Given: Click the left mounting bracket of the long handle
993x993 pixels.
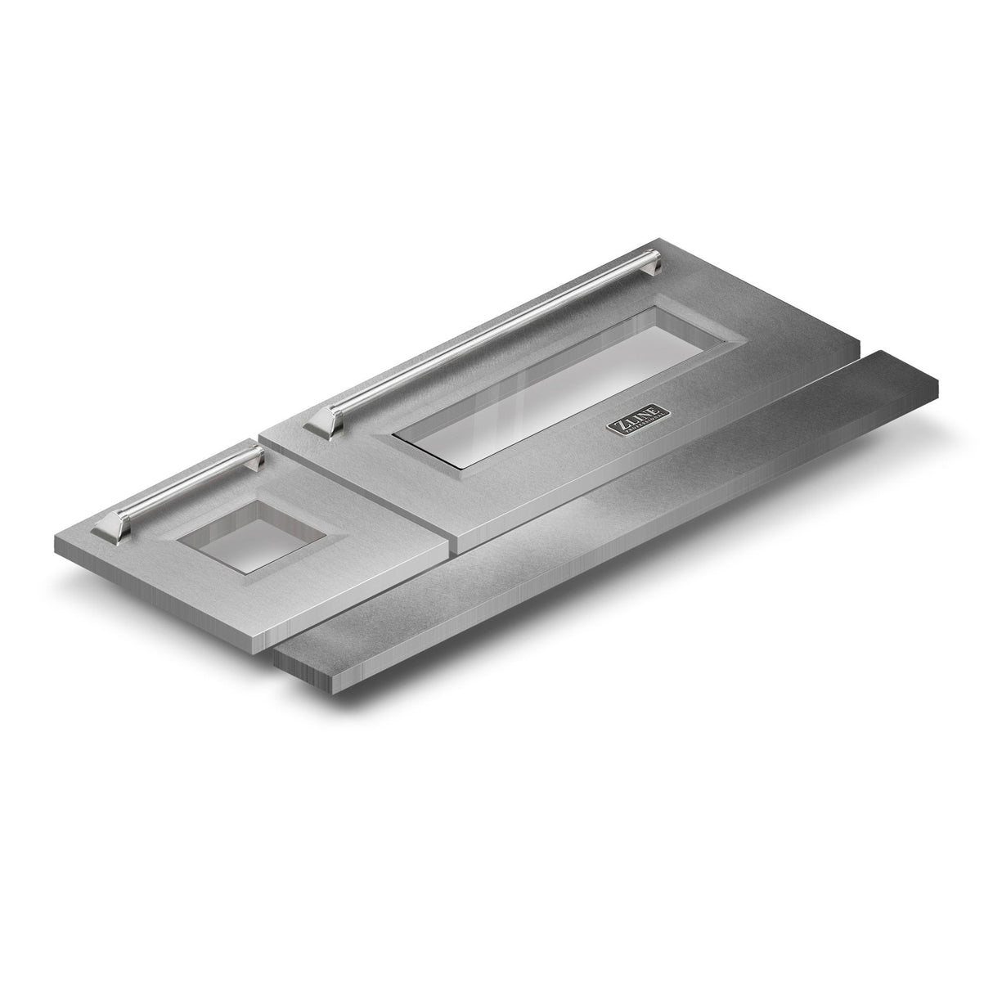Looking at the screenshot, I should click(x=322, y=422).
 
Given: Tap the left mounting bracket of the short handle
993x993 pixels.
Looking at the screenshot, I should click(x=110, y=528).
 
